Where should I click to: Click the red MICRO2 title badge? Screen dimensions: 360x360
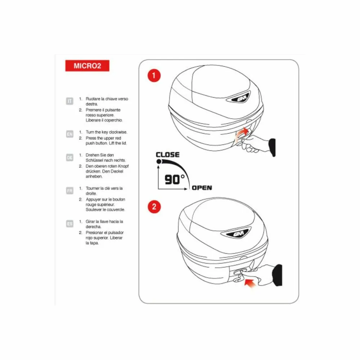87,66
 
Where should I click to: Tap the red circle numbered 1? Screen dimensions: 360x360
154,76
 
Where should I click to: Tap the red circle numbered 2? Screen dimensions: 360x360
154,207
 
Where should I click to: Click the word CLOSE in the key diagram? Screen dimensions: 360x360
168,155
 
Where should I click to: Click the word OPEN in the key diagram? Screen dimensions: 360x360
202,188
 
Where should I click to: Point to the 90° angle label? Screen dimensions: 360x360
175,180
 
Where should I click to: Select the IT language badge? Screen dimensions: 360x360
69,101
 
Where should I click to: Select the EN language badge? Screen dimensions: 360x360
69,134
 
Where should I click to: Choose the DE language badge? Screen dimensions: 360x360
69,158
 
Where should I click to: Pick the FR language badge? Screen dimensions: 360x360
69,190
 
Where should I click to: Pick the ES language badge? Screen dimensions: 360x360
69,224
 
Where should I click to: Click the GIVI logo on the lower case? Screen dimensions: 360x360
236,233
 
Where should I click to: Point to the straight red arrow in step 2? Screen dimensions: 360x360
250,283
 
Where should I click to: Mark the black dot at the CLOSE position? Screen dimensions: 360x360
159,161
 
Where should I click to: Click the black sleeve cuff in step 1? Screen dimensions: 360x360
272,147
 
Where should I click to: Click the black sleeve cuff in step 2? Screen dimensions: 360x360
278,275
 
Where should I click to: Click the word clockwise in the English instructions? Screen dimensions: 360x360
118,132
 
